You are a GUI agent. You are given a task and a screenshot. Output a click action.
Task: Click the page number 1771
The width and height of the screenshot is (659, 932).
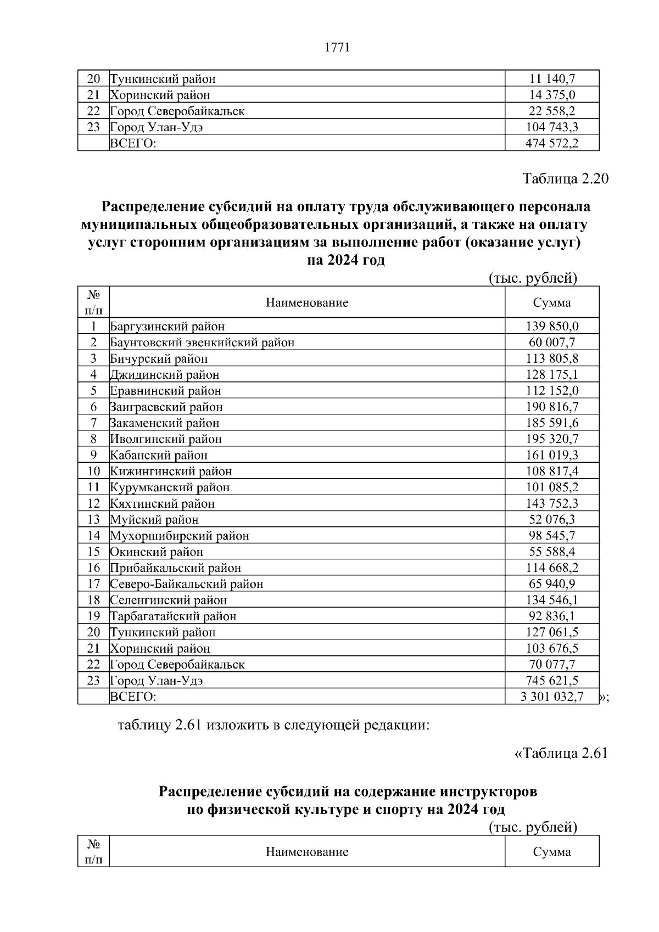337,47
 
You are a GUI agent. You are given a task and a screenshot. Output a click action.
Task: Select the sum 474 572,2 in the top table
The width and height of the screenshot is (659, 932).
552,143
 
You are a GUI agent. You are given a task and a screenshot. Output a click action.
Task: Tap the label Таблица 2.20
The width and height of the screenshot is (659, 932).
565,179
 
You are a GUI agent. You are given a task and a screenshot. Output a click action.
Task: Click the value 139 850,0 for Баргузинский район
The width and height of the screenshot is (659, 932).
552,326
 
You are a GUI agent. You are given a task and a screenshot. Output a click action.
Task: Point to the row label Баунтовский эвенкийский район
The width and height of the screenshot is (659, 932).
202,343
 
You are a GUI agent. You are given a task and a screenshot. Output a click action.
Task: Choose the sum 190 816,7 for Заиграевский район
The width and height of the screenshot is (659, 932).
552,407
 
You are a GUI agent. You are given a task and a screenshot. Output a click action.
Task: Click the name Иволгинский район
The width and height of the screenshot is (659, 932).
166,439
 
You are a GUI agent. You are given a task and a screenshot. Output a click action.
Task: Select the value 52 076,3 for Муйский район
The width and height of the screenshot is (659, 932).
552,519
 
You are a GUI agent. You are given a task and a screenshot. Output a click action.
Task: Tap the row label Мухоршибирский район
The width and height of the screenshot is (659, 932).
180,536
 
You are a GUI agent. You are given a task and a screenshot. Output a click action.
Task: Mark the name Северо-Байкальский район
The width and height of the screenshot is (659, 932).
187,584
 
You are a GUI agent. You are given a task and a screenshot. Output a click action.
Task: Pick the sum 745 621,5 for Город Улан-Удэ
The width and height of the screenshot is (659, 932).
552,681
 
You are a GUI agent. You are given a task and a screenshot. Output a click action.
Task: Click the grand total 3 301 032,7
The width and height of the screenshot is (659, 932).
552,697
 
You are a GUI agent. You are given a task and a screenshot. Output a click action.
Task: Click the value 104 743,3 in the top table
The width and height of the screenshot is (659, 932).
552,127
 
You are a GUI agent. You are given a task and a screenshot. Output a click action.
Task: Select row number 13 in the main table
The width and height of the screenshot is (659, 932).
93,519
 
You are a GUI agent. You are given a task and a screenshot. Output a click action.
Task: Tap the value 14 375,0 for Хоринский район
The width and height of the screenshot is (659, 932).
552,95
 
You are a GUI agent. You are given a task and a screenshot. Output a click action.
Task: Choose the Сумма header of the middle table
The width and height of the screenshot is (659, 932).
552,302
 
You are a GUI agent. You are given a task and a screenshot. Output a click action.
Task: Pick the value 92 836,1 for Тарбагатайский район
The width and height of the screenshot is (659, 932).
552,616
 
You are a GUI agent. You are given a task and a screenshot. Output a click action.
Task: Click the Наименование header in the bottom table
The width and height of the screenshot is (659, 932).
307,852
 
